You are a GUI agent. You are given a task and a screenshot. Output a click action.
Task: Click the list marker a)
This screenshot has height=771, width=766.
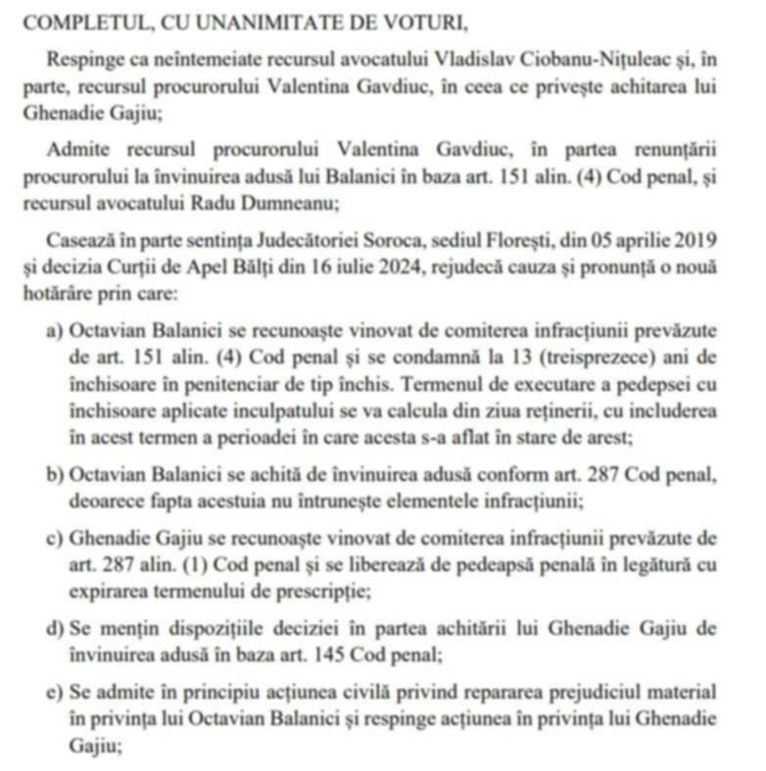tap(56, 330)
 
